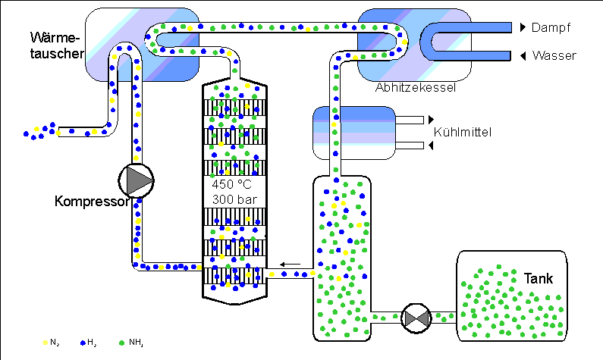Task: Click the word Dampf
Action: pos(551,27)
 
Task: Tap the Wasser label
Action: pos(554,56)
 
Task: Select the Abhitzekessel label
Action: pos(416,88)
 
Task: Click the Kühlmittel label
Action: pos(463,132)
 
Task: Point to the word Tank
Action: pos(539,279)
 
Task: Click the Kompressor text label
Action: pos(92,201)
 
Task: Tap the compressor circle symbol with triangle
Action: pos(136,180)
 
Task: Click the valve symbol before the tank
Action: pos(416,318)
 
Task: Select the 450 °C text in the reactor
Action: pos(231,184)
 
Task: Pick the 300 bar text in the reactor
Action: pos(234,200)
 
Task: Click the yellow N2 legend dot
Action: pos(46,343)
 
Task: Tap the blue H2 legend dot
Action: pos(83,343)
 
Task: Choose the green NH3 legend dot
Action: pos(122,343)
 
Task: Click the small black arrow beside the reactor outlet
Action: pos(290,265)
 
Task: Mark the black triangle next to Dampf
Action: pos(523,27)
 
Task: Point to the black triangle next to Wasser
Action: pos(523,56)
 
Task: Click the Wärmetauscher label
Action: pos(57,45)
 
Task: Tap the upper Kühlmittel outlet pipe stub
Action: pos(410,120)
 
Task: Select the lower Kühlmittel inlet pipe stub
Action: pos(410,146)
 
